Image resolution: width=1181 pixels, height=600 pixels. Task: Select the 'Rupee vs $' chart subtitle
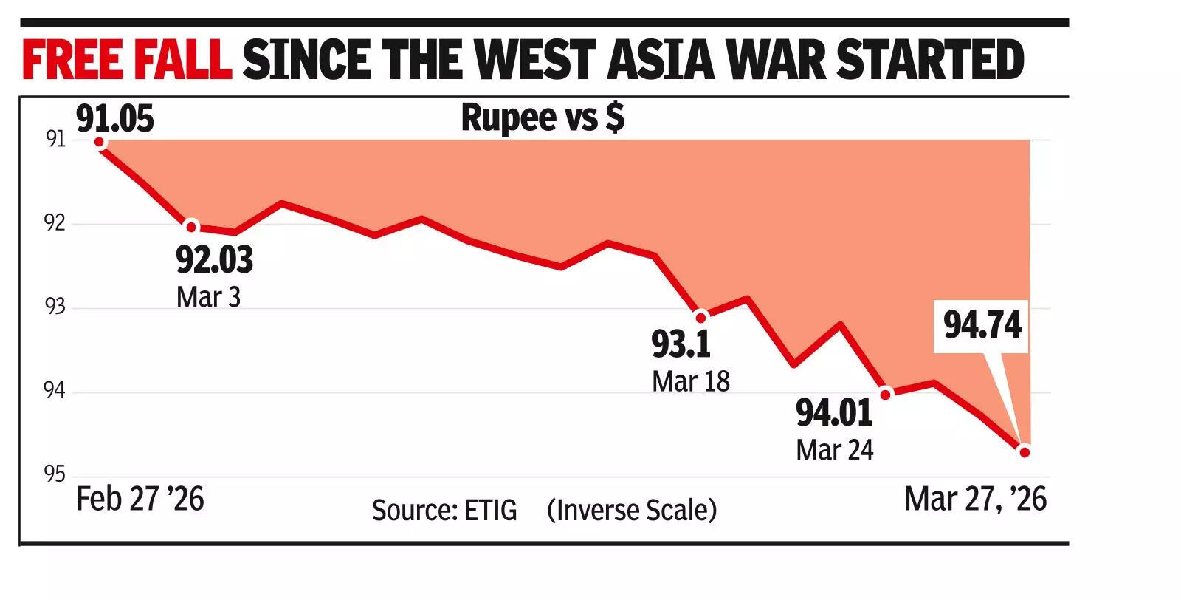543,117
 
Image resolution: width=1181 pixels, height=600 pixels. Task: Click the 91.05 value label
115,119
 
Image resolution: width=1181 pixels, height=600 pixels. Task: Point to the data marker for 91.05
99,142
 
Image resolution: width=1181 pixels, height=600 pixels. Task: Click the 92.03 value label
214,260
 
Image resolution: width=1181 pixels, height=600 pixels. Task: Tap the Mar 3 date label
208,297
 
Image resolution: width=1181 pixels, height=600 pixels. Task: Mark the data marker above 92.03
191,226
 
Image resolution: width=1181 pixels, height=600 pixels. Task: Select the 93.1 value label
681,344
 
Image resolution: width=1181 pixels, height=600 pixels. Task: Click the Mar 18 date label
690,381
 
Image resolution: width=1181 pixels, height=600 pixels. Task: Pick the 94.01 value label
834,412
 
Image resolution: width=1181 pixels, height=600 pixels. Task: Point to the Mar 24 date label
834,450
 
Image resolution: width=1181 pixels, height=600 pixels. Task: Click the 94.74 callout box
982,325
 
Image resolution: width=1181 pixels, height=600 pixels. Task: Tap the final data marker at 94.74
1024,451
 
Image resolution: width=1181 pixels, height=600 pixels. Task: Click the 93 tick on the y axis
55,306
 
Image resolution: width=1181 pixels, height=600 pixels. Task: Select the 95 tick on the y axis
55,474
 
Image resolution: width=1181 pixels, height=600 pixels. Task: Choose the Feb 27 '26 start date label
140,500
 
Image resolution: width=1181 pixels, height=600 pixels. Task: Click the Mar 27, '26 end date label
975,500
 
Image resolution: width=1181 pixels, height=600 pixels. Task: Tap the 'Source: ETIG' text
444,511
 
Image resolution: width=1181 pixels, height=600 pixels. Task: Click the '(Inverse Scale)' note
632,511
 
